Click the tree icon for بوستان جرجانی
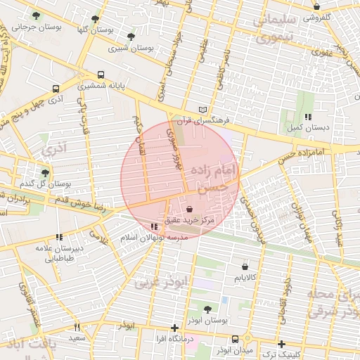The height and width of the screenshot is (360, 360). point(35,17)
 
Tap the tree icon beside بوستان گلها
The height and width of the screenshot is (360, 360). point(96,19)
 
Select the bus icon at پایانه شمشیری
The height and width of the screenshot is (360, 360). point(101,75)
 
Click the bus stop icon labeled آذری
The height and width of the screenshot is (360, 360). point(55,89)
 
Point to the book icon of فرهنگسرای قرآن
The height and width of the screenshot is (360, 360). point(203,110)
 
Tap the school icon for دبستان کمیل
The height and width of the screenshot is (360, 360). point(307,117)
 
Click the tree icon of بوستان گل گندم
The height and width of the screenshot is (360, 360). point(46,172)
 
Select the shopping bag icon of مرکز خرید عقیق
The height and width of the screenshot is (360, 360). point(191,209)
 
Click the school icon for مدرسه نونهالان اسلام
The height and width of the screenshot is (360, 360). point(154,226)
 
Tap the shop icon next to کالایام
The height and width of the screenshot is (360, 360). point(244,267)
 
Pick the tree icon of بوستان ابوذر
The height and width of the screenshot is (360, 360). point(207,309)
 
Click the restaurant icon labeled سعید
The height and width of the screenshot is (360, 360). point(77,327)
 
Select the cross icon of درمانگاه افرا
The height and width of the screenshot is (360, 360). point(174,328)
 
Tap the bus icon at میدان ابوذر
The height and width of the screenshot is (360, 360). point(235,338)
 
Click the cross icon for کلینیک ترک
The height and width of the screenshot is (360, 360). point(281,344)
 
